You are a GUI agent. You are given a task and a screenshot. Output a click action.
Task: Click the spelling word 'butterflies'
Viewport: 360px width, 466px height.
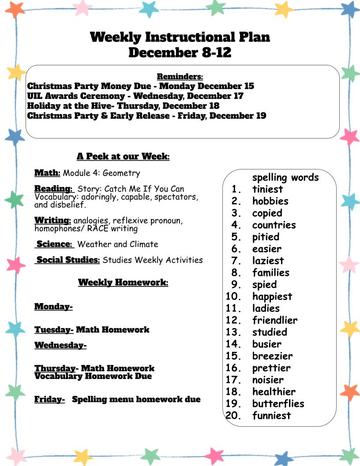pyautogui.click(x=278, y=403)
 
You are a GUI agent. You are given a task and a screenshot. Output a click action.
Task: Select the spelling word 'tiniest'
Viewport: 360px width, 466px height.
pyautogui.click(x=267, y=189)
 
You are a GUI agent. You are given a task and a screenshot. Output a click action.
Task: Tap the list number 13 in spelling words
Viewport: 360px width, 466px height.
pyautogui.click(x=234, y=332)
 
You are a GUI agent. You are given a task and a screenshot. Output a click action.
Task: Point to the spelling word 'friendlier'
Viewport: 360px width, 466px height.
pyautogui.click(x=275, y=320)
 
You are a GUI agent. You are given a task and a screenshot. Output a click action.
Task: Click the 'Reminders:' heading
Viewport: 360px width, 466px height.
pyautogui.click(x=180, y=77)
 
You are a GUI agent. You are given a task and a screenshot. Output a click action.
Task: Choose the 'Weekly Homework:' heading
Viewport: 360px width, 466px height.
pyautogui.click(x=123, y=282)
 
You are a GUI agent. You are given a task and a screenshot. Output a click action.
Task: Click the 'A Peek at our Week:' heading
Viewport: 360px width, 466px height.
pyautogui.click(x=123, y=156)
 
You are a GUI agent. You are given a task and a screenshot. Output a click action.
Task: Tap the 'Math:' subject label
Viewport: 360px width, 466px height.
pyautogui.click(x=47, y=173)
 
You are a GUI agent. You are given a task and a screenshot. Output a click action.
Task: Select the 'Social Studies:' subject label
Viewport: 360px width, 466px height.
pyautogui.click(x=68, y=260)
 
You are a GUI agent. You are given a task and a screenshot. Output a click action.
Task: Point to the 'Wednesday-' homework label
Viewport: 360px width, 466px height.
pyautogui.click(x=60, y=345)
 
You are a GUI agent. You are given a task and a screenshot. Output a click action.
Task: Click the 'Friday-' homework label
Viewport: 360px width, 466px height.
pyautogui.click(x=50, y=399)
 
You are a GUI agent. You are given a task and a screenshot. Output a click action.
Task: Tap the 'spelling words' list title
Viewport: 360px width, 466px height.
pyautogui.click(x=285, y=177)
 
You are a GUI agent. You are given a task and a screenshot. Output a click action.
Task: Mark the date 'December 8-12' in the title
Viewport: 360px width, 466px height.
pyautogui.click(x=180, y=53)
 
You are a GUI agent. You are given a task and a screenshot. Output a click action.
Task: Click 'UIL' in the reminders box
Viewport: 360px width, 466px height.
pyautogui.click(x=34, y=96)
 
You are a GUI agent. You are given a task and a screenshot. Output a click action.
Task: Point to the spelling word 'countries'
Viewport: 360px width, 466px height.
pyautogui.click(x=274, y=225)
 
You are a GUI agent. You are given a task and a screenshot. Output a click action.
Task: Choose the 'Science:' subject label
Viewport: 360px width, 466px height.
pyautogui.click(x=54, y=244)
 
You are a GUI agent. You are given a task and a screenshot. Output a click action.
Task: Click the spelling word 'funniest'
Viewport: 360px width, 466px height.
pyautogui.click(x=271, y=415)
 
